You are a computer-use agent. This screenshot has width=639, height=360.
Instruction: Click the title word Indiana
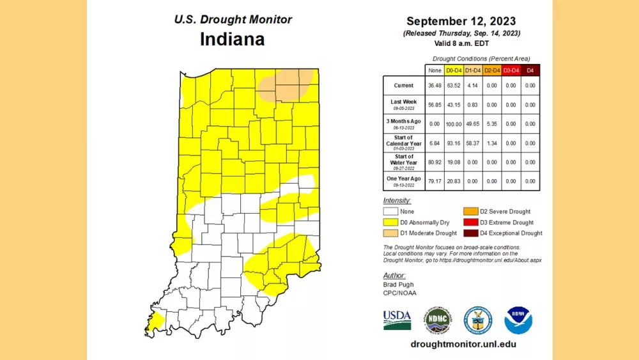tap(232, 39)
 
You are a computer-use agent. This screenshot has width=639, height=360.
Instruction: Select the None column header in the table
tap(435, 70)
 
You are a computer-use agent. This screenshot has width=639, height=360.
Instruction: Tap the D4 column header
tap(530, 70)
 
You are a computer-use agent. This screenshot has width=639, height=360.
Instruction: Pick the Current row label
tap(403, 86)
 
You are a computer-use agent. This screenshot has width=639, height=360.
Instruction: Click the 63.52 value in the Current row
tap(454, 86)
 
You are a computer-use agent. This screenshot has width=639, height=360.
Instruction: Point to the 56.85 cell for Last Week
tap(435, 105)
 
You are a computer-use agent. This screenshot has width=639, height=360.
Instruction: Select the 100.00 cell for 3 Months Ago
tap(454, 123)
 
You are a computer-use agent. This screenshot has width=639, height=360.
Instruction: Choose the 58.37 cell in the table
tap(473, 143)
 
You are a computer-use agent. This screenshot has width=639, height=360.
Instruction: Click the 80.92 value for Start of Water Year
tap(435, 162)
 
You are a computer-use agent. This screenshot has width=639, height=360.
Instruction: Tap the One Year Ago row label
tap(403, 180)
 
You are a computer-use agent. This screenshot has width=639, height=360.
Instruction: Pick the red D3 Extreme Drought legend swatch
tap(470, 222)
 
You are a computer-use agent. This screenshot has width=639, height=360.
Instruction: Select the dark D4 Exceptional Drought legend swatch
tap(470, 233)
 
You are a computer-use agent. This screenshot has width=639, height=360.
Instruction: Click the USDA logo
tap(397, 320)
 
